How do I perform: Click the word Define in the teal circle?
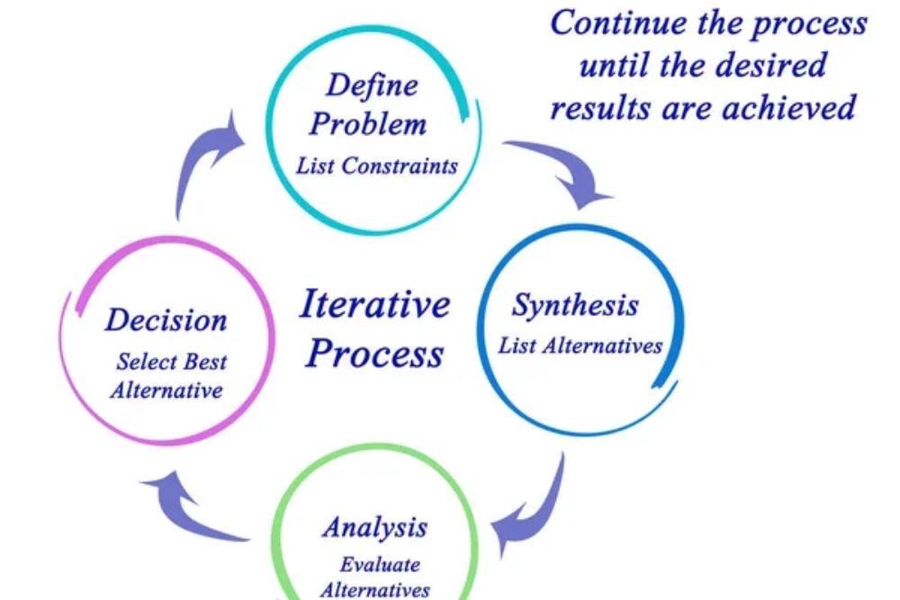coord(372,85)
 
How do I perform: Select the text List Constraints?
coord(377,166)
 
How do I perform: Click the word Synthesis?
coord(576,305)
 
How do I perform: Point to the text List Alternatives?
coord(580,345)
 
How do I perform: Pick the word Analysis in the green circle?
coord(374,526)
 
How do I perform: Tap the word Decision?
coord(166,319)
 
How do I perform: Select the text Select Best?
coord(171,363)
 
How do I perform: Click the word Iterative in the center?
coord(374,304)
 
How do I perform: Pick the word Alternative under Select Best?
coord(166,390)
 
